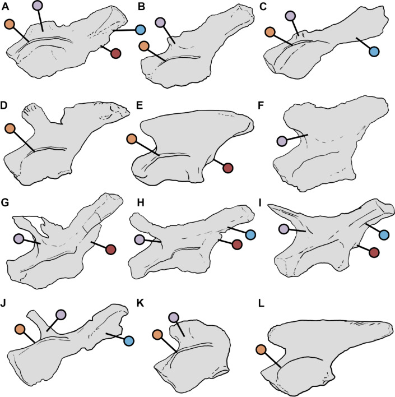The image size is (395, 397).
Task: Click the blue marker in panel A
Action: pos(140,29)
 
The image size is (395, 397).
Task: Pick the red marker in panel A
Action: pos(116,54)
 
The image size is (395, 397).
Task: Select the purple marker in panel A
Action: pos(38,5)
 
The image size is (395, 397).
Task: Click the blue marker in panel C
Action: pos(374,52)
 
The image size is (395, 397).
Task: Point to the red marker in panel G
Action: pos(110,249)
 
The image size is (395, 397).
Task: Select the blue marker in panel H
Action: pos(250,233)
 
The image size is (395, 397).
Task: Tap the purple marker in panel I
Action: pos(284,229)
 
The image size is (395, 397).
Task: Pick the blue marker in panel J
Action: pos(128,340)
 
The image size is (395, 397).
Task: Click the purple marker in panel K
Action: pos(174,318)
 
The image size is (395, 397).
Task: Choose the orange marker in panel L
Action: pos(261,350)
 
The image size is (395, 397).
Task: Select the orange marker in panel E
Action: pos(132,139)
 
